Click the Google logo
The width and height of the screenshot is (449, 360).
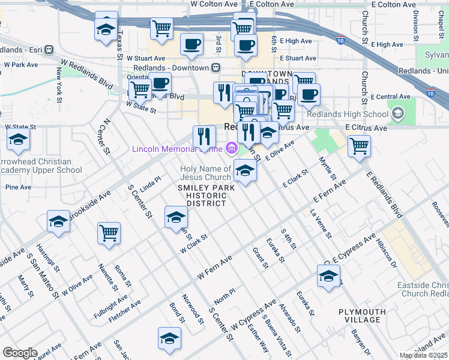tap(20, 353)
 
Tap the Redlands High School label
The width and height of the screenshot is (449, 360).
tap(348, 114)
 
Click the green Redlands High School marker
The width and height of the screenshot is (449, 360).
tap(397, 112)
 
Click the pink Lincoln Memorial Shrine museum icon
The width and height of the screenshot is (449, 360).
tap(231, 149)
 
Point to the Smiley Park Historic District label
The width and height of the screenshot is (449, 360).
tap(202, 196)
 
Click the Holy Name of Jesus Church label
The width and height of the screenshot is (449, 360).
tap(206, 173)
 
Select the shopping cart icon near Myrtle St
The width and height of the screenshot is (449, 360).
tap(359, 145)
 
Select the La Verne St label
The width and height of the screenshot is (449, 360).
tap(321, 223)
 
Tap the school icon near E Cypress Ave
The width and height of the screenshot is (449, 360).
tap(328, 277)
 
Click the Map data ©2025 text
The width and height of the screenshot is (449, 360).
tap(423, 355)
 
